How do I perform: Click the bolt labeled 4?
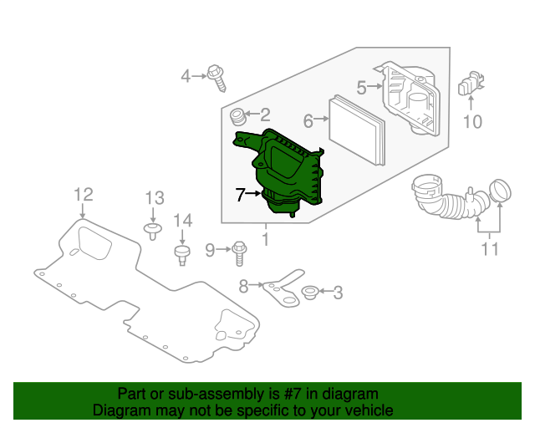pos(217,77)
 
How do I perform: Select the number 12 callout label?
pos(83,195)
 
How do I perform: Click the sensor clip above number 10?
pos(471,87)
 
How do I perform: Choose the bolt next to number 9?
pos(239,249)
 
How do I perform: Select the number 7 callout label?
pos(240,195)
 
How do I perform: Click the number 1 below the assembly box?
pos(266,241)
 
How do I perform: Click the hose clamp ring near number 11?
pos(499,191)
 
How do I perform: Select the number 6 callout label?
pos(308,122)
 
